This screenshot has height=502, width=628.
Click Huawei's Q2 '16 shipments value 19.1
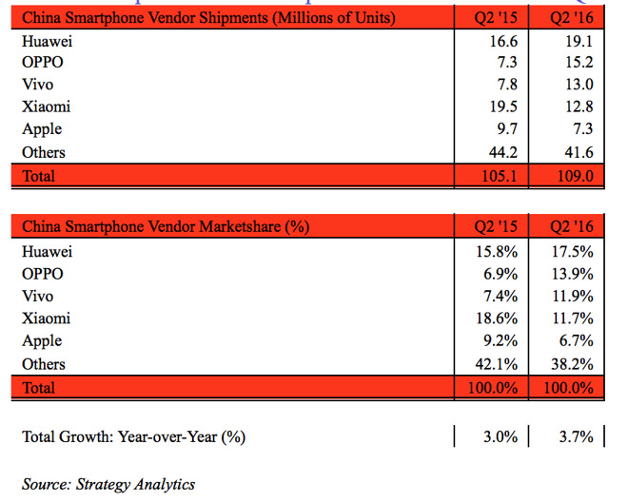coord(577,41)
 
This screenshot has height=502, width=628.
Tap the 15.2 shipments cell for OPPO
coord(577,63)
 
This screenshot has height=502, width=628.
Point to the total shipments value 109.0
coord(573,176)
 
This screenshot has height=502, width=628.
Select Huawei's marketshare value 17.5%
coord(573,252)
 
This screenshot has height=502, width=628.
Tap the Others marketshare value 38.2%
coord(573,364)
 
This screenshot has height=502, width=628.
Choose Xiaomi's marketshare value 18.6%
coord(495,319)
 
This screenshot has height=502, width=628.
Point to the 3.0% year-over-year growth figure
coord(499,436)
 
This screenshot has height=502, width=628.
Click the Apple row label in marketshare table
coord(42,341)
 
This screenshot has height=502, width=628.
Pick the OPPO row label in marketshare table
coord(42,274)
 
